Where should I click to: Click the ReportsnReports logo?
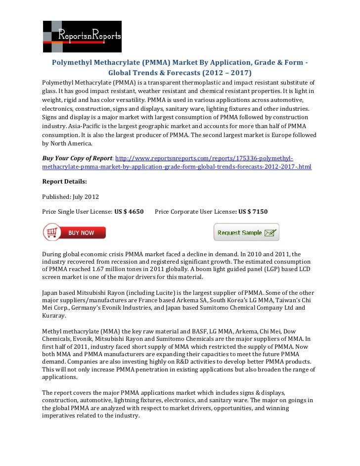click(x=82, y=36)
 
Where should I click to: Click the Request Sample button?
click(x=246, y=232)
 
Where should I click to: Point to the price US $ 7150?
click(x=253, y=212)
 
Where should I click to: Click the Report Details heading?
click(x=65, y=182)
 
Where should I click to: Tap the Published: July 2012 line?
click(x=71, y=197)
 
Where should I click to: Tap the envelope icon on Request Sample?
click(x=270, y=232)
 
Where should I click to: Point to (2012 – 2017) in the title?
click(x=226, y=72)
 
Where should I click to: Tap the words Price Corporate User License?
click(x=195, y=212)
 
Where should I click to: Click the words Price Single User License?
click(x=78, y=212)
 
